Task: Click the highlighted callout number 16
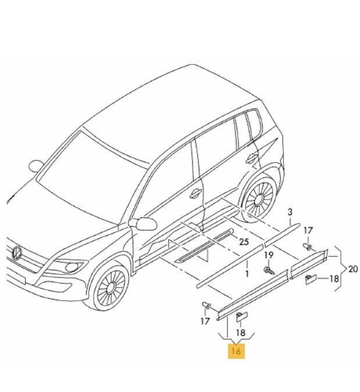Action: (236, 351)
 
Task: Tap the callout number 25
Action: (244, 242)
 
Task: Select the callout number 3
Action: (290, 212)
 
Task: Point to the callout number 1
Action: (247, 274)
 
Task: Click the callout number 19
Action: (269, 255)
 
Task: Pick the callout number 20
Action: (353, 269)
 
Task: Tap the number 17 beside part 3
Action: (308, 230)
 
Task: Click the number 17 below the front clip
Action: (205, 321)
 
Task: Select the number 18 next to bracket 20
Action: (334, 279)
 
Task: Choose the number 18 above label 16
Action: (241, 333)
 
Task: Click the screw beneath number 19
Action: (269, 270)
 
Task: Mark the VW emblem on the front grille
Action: (17, 253)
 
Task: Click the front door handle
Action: (195, 193)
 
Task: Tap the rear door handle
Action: (251, 159)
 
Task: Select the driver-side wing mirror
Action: (144, 224)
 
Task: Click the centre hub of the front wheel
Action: (111, 288)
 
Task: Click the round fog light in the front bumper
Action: (72, 268)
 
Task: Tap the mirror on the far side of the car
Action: (36, 166)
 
